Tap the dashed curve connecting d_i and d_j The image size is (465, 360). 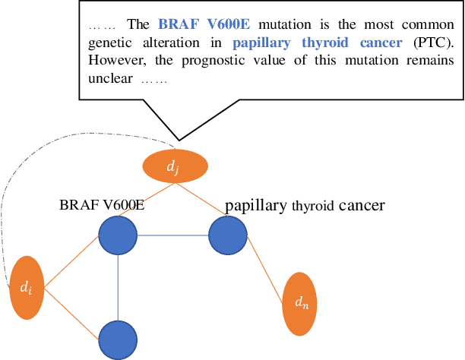46,152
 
